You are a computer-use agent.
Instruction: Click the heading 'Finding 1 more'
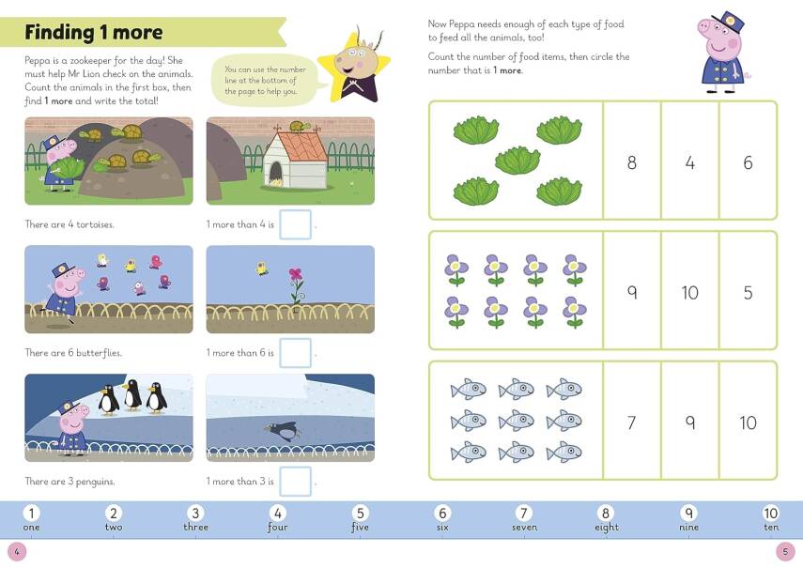click(94, 33)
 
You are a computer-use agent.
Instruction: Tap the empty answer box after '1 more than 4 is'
click(295, 225)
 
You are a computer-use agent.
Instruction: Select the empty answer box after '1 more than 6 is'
click(295, 353)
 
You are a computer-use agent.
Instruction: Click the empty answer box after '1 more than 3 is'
click(295, 481)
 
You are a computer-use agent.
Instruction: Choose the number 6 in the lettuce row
click(748, 162)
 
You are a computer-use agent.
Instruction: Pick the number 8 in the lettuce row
click(631, 162)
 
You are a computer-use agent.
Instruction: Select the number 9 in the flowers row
click(631, 292)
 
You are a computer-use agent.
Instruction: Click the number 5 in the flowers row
click(748, 292)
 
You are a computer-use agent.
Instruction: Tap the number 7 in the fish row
click(631, 422)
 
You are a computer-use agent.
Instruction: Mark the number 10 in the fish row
click(748, 422)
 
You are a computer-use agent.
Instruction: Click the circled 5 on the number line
click(360, 513)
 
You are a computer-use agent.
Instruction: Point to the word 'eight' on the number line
click(607, 528)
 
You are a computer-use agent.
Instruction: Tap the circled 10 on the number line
click(771, 513)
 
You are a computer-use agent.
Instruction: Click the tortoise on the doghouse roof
click(301, 127)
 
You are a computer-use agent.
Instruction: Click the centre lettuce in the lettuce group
click(517, 160)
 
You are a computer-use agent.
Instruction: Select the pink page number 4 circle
click(16, 551)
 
